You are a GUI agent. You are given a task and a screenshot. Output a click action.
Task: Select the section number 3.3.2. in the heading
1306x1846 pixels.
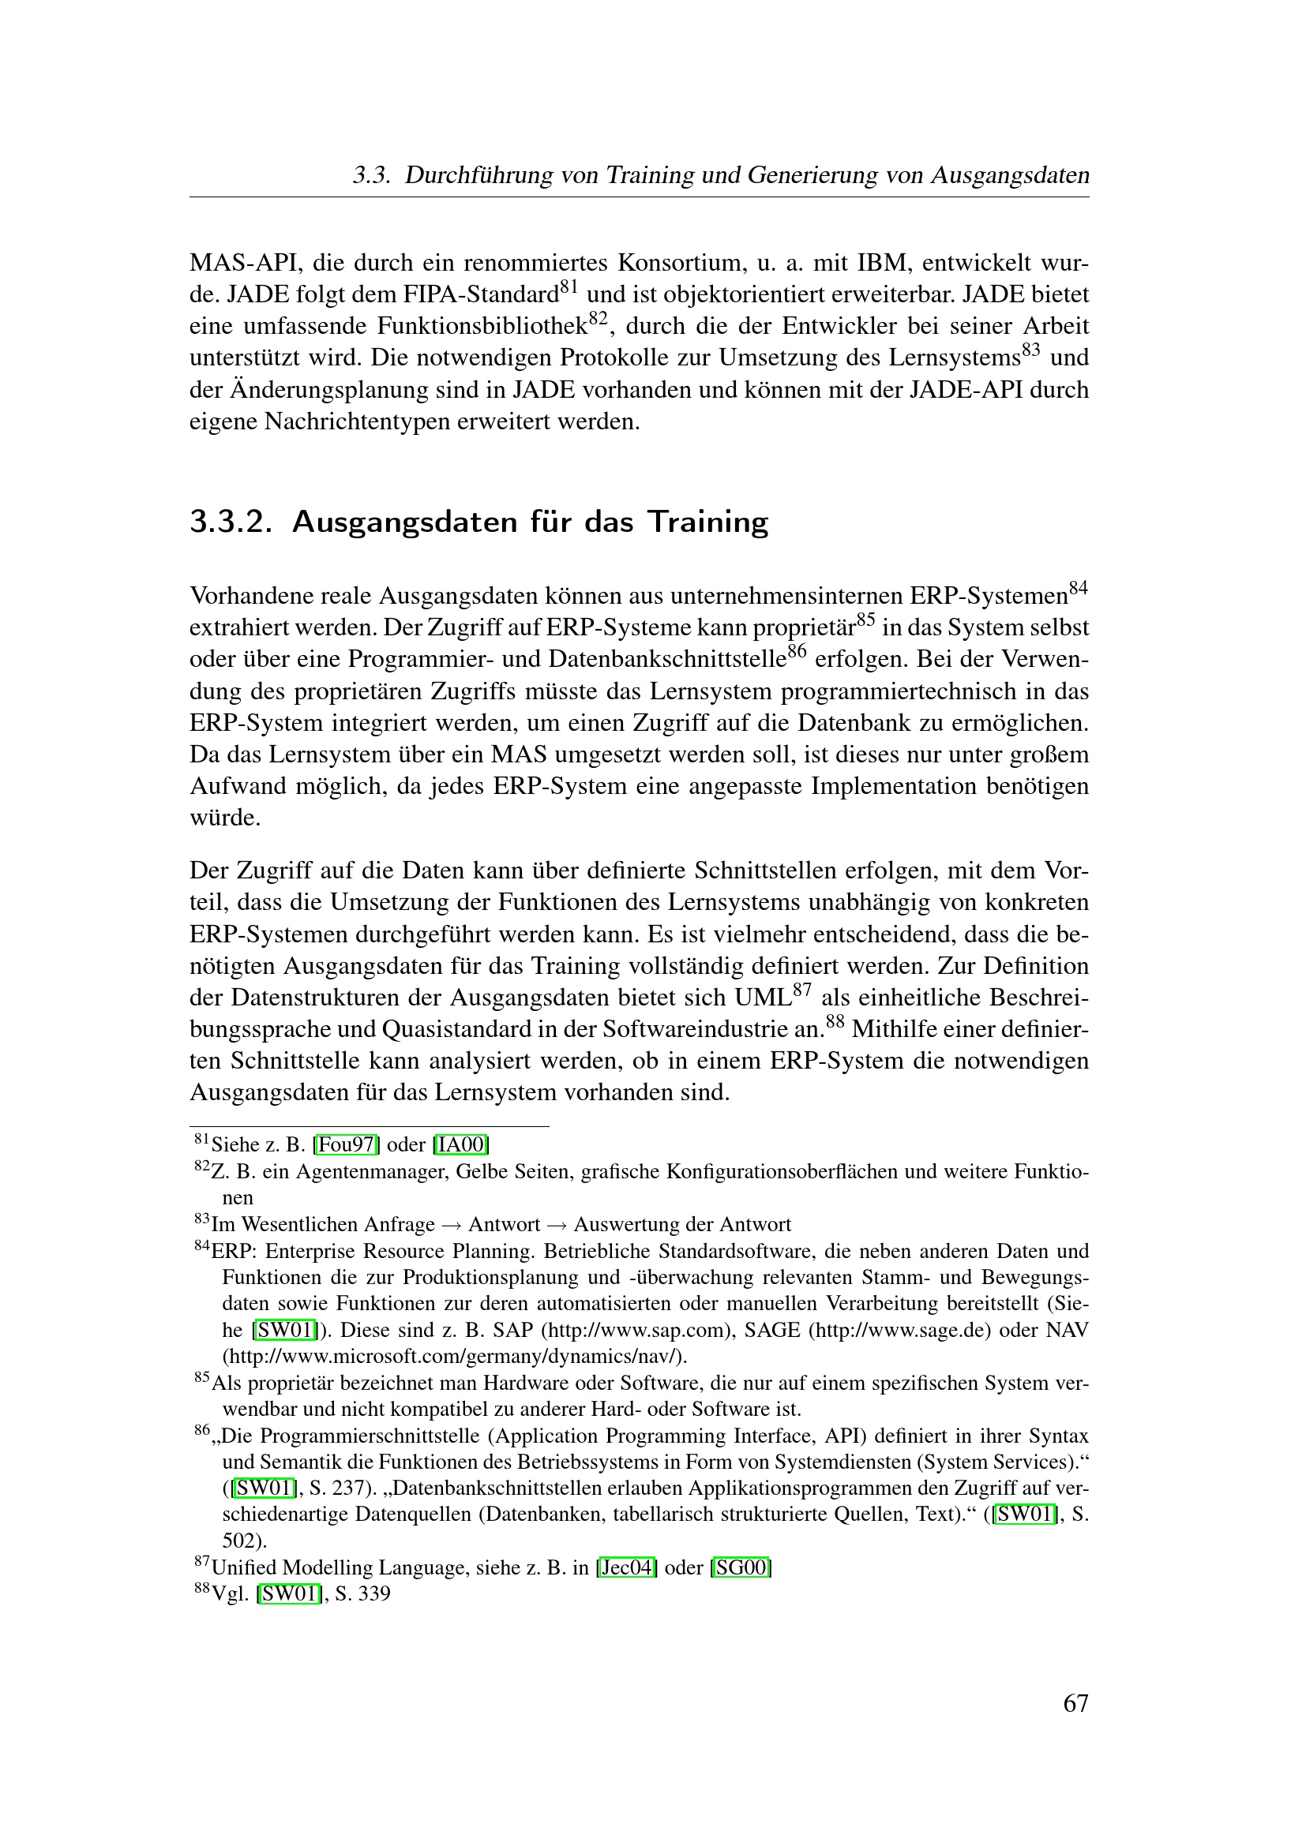click(x=229, y=522)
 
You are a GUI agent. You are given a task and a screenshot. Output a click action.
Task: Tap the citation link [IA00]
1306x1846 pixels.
click(x=461, y=1144)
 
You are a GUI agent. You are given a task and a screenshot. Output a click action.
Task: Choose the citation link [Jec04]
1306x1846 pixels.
click(x=626, y=1567)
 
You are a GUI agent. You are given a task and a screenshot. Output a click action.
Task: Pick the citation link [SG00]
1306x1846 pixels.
click(x=741, y=1567)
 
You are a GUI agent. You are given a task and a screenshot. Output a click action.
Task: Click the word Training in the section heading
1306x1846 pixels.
click(x=707, y=522)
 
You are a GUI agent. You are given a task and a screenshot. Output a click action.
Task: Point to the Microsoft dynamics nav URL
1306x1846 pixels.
click(x=454, y=1357)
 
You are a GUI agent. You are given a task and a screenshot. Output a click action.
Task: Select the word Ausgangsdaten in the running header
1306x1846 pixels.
click(x=1010, y=175)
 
